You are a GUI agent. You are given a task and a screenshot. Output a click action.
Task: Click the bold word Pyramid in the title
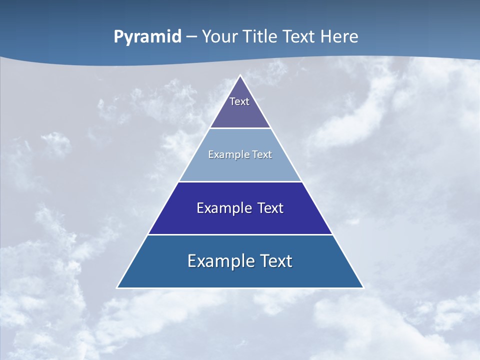[x=147, y=37]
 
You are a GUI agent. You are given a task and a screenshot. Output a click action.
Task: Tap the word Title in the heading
[x=262, y=36]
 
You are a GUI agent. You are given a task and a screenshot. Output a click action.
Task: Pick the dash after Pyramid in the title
[x=191, y=37]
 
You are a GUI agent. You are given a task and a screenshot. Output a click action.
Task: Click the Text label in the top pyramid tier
[x=239, y=101]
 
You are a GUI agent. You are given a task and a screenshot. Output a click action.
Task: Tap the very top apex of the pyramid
[x=240, y=76]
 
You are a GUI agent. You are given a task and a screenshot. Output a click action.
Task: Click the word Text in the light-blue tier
[x=261, y=154]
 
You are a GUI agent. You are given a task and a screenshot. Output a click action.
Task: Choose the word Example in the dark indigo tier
[x=223, y=208]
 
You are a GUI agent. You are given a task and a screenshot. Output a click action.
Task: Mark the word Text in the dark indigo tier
[x=270, y=208]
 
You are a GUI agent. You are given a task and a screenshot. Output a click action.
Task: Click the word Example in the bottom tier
[x=217, y=261]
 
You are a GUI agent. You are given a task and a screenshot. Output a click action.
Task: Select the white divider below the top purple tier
[x=240, y=128]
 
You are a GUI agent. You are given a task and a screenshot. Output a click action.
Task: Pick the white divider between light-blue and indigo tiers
[x=240, y=181]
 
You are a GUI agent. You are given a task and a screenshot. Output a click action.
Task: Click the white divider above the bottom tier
[x=240, y=234]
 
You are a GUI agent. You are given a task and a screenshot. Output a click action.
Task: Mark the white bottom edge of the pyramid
[x=240, y=288]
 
